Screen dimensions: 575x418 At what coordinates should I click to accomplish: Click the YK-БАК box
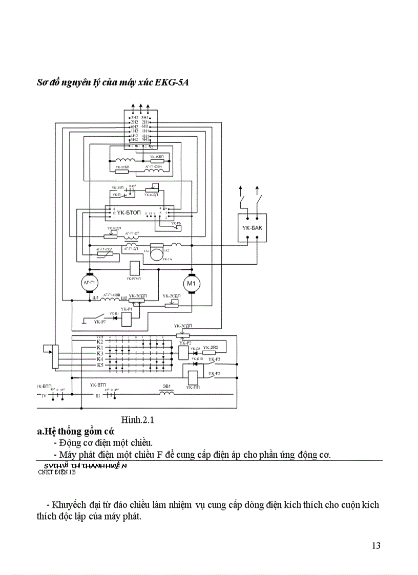click(252, 226)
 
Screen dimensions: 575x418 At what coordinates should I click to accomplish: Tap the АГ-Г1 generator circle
click(90, 283)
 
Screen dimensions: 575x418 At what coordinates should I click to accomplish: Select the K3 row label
click(100, 353)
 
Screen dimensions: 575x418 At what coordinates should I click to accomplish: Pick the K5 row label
click(100, 365)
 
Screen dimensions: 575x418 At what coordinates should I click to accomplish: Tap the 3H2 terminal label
click(134, 117)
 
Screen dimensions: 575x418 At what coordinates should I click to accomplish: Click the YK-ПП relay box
click(193, 377)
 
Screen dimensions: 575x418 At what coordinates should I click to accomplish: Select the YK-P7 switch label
click(100, 322)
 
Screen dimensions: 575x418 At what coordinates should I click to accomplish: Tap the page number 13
click(376, 545)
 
